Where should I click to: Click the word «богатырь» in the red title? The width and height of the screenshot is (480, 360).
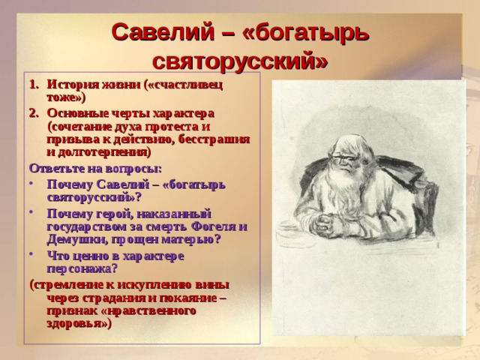click(x=306, y=33)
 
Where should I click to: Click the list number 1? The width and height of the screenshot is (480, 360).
click(x=34, y=85)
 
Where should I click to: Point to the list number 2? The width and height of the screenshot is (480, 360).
click(x=34, y=113)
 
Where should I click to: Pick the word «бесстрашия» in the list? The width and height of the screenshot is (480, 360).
click(x=214, y=139)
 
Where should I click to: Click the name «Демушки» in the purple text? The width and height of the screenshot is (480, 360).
click(x=75, y=240)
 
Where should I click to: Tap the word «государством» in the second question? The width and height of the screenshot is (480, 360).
click(x=92, y=227)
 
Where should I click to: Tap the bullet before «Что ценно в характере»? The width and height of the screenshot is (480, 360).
click(x=31, y=253)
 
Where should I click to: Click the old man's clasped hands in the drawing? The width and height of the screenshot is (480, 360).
click(x=327, y=225)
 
